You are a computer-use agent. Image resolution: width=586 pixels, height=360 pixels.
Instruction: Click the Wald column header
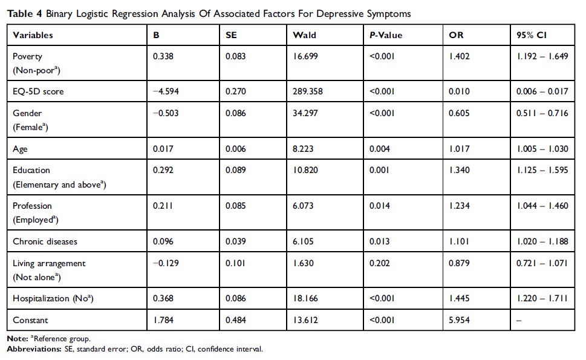coord(304,35)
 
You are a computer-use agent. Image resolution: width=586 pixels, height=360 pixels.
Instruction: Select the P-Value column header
coord(386,35)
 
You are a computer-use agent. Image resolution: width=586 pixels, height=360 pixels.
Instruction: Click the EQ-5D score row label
coord(37,92)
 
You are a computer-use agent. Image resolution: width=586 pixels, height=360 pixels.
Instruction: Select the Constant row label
coord(30,320)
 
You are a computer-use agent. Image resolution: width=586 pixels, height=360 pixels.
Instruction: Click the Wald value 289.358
coord(308,92)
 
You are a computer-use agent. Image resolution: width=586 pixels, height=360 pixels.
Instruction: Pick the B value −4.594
coord(165,92)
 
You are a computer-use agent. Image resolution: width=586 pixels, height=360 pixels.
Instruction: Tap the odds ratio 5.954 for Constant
coord(459,320)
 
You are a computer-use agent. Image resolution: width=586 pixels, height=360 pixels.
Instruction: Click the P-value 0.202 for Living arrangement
coord(380,263)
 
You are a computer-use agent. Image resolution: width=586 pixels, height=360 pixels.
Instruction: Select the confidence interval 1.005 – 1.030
coord(542,148)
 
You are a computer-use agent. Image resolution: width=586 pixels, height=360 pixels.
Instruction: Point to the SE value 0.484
coord(236,320)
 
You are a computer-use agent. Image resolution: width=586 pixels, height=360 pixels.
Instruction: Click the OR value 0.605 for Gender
coord(459,113)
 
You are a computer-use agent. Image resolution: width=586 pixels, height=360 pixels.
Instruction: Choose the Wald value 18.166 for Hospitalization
coord(306,298)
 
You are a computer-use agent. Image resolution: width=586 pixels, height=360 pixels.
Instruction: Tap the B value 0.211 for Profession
coord(162,206)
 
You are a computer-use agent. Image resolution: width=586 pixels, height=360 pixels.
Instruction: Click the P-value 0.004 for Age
coord(380,148)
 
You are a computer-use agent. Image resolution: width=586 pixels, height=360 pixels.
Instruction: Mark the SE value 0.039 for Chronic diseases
coord(236,241)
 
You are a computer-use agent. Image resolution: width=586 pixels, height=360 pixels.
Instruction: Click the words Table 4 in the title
coord(22,12)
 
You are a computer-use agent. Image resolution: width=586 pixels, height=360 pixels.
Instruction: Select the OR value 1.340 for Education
coord(459,170)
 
